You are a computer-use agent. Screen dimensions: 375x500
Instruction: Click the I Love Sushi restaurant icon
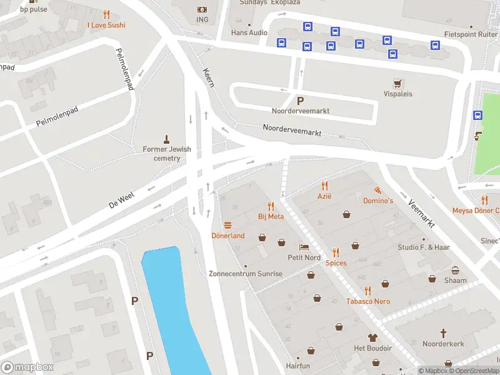[106, 14]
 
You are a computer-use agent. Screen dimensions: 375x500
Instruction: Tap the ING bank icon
[202, 9]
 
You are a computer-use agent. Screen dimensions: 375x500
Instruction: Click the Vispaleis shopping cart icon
[397, 83]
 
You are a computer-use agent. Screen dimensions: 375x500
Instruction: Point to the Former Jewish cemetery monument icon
[167, 138]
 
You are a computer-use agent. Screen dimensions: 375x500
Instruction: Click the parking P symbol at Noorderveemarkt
[300, 101]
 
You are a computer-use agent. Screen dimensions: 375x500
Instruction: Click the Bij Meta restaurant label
[271, 216]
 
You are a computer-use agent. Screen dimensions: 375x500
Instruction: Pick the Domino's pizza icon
[378, 189]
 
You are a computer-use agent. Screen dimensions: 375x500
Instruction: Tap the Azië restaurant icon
[324, 186]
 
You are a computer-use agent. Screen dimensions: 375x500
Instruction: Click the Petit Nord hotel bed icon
[304, 247]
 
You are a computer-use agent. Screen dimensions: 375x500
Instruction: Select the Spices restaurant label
[336, 263]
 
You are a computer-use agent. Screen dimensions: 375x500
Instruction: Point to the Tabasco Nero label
[368, 301]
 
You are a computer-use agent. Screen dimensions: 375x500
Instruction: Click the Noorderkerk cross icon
[444, 333]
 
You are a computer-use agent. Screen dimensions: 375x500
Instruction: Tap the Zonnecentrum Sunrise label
[245, 274]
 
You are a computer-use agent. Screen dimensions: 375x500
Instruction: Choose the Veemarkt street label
[420, 213]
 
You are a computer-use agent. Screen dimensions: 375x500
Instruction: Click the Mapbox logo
[27, 367]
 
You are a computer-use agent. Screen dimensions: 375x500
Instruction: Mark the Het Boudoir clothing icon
[372, 337]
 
